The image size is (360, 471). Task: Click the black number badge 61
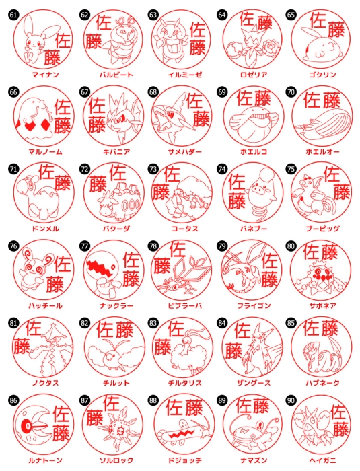tap(13, 15)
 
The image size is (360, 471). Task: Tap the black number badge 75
tap(291, 169)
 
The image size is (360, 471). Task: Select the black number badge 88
tap(153, 400)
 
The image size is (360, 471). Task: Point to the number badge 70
tap(291, 92)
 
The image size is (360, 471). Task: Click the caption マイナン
tap(45, 75)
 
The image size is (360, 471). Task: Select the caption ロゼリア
tap(254, 75)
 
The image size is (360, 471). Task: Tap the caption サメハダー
tap(184, 151)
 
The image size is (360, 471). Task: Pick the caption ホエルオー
tap(322, 151)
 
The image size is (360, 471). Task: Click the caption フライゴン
tap(254, 305)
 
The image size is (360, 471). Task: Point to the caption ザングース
tap(254, 383)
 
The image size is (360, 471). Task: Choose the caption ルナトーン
tap(45, 460)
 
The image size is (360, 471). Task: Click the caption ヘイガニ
tap(322, 460)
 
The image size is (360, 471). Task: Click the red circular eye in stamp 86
tap(28, 426)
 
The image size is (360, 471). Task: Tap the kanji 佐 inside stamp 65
tap(318, 20)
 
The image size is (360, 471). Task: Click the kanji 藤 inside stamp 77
tap(131, 279)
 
